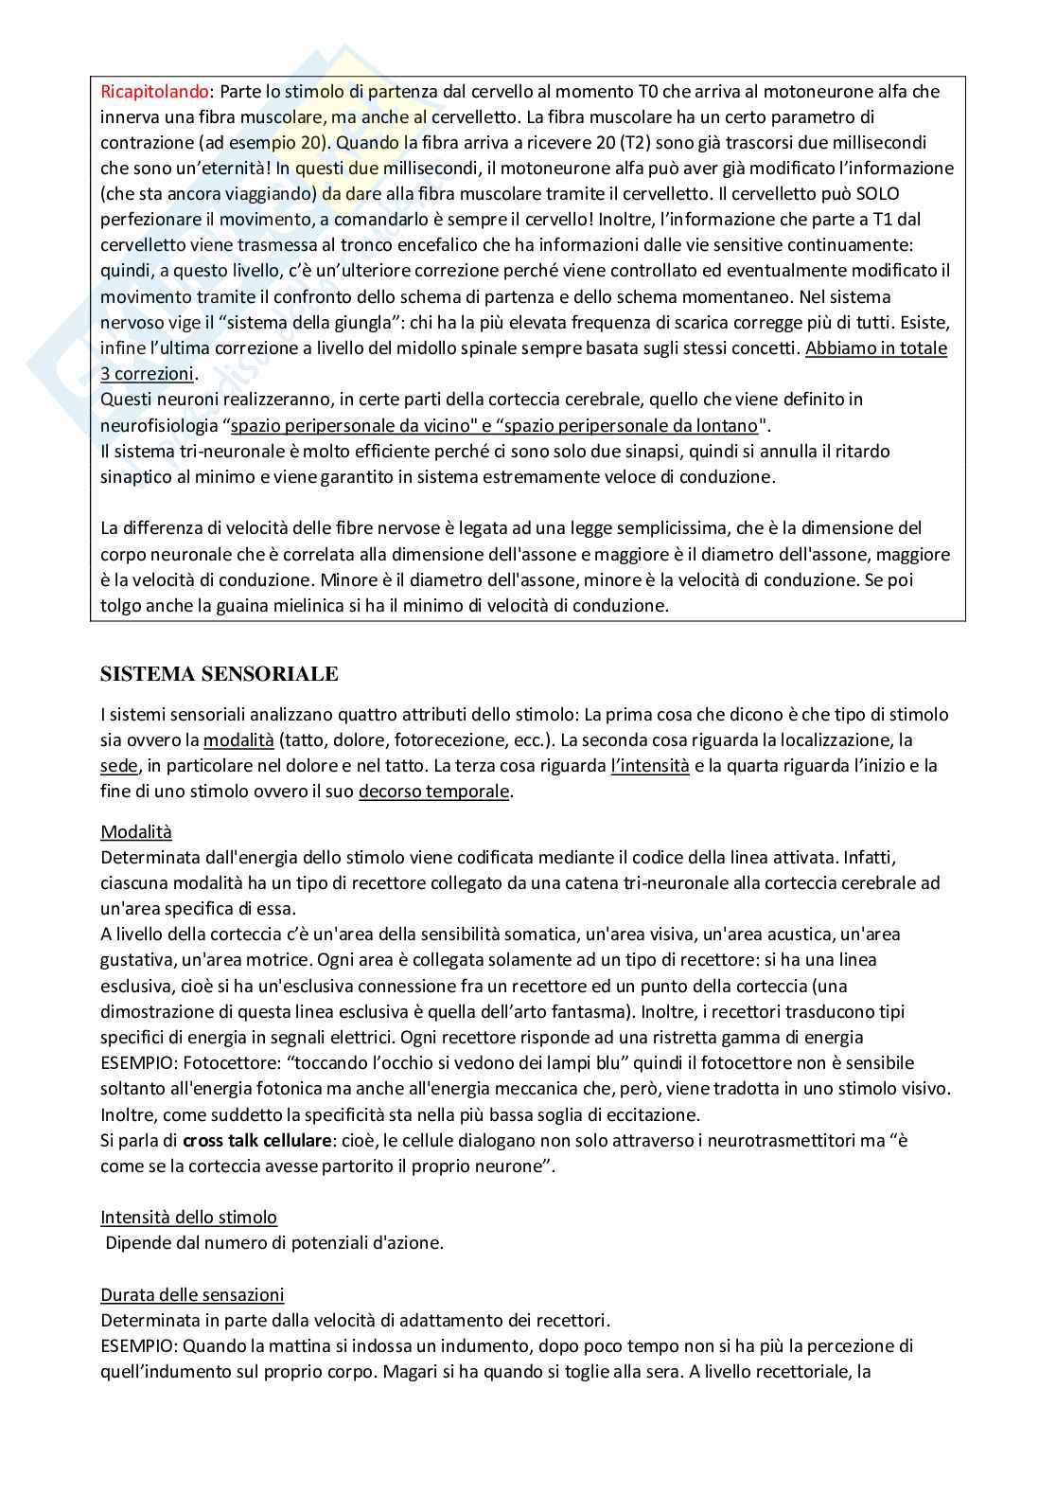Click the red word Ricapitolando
click(154, 91)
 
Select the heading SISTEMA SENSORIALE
click(219, 674)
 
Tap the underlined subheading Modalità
click(136, 831)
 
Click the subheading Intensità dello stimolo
click(188, 1217)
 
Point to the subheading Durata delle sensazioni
click(192, 1294)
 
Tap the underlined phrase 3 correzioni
click(147, 373)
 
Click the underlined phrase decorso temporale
click(433, 791)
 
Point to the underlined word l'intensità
click(650, 765)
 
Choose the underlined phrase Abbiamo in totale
click(875, 347)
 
